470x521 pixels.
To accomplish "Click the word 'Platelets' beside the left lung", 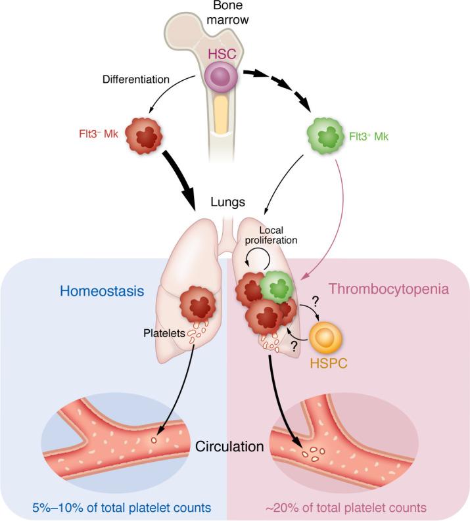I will pyautogui.click(x=163, y=334).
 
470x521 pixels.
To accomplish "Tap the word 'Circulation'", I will pyautogui.click(x=229, y=447).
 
